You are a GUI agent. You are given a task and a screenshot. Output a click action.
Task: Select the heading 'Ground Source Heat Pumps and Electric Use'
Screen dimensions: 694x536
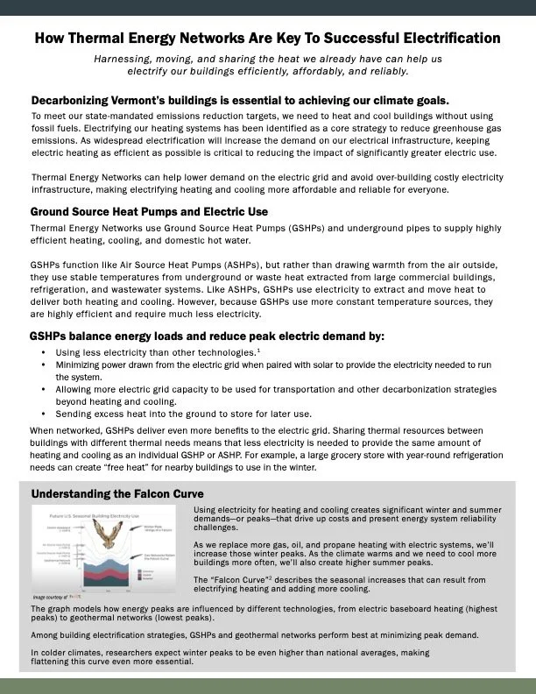point(149,212)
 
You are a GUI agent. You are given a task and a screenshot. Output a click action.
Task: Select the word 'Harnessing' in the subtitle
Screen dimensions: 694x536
point(125,58)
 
